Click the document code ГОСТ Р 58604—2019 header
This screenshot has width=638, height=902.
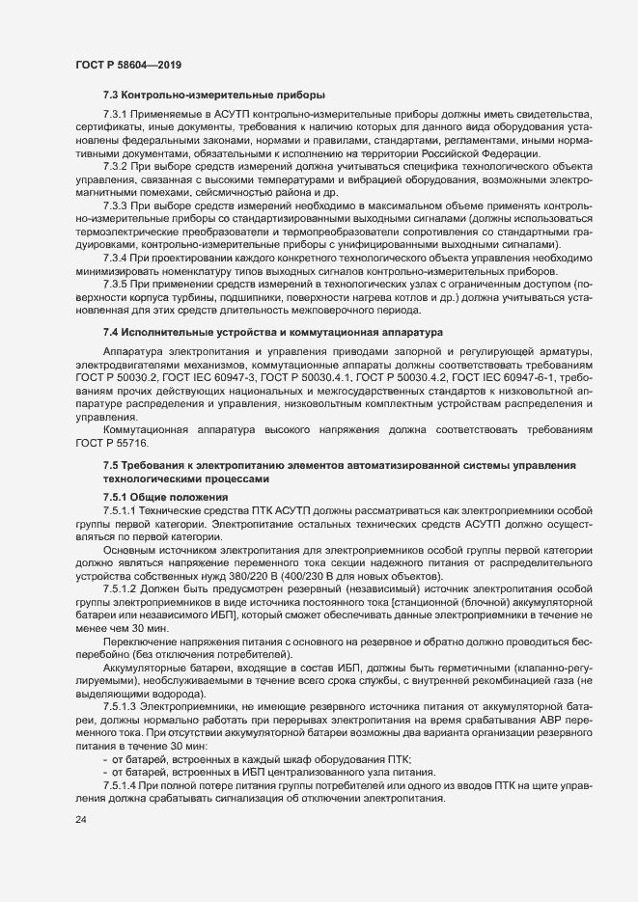point(127,65)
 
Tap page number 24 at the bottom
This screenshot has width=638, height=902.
point(81,848)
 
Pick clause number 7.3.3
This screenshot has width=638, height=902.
point(116,205)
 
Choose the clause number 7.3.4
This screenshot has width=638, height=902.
point(116,259)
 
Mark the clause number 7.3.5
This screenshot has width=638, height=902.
point(116,285)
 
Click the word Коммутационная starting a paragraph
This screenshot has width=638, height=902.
point(150,429)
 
